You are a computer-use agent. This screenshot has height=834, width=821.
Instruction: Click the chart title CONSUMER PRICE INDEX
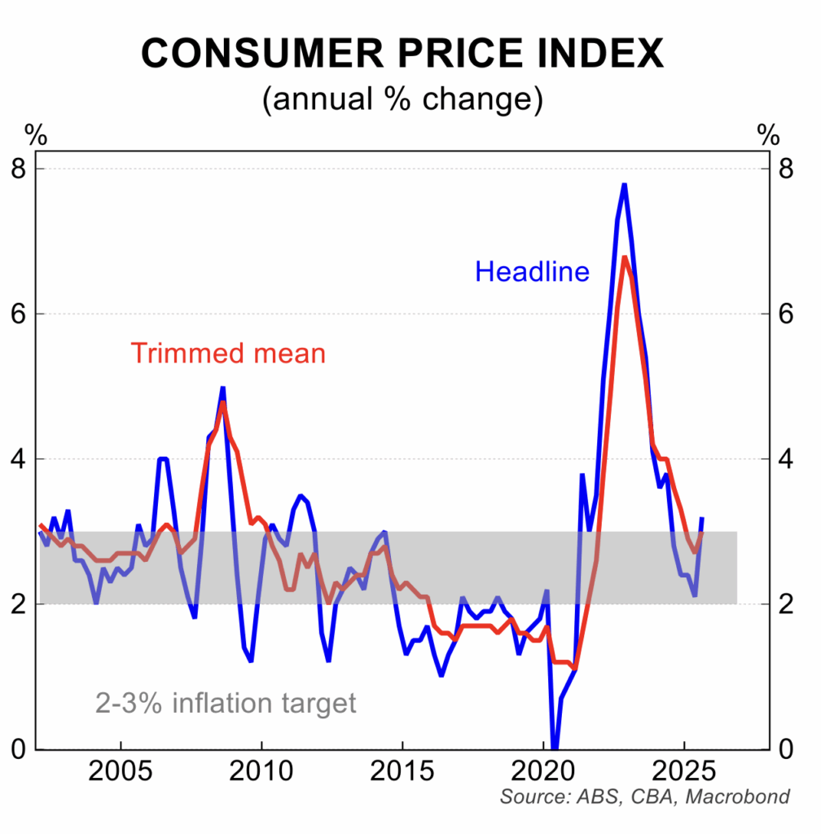point(402,55)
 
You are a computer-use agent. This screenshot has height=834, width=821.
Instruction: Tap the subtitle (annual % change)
point(402,99)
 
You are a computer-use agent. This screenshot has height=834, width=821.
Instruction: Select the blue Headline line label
point(532,271)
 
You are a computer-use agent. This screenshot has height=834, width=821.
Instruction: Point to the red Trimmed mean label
point(228,353)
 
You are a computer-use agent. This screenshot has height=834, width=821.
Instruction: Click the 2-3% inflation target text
point(226,702)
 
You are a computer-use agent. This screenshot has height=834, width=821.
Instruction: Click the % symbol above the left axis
point(36,134)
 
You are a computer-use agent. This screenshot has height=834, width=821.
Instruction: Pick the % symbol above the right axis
point(768,134)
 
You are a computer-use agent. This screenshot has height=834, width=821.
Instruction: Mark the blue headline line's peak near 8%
point(624,185)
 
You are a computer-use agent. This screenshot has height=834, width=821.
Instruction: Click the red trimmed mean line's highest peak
point(624,258)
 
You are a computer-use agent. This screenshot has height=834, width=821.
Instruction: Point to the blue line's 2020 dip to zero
point(555,745)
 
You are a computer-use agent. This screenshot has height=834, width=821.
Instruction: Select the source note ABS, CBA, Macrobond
point(644,797)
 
